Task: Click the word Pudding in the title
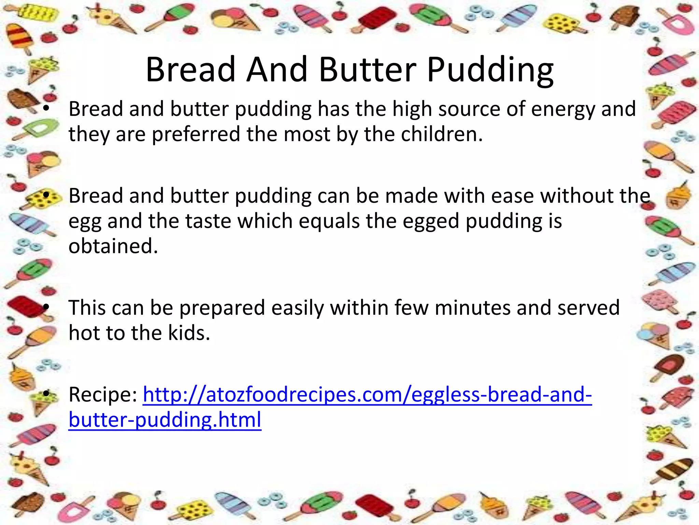[490, 70]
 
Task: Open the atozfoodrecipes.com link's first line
[367, 395]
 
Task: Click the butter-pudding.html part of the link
[165, 420]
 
